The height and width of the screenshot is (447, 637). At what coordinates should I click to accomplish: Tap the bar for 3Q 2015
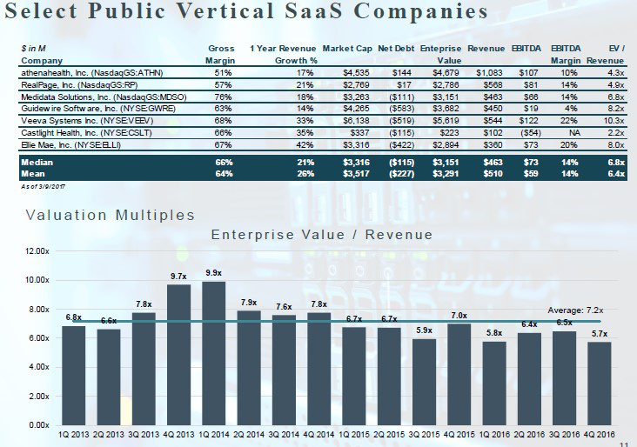424,381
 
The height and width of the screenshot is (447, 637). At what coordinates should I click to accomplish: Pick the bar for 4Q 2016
599,383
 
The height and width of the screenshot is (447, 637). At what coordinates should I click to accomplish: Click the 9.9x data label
213,273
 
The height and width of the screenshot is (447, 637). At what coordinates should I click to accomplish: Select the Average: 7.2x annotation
576,310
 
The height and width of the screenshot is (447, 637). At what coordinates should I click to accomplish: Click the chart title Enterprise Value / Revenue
321,235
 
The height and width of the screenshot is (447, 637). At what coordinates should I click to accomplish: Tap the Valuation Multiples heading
111,214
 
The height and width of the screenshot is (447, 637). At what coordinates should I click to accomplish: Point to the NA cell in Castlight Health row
573,131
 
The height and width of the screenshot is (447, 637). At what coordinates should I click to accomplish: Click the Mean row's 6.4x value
615,174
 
